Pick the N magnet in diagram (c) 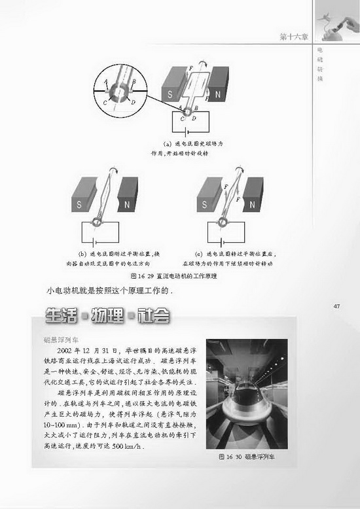click(252, 202)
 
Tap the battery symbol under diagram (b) click(102, 241)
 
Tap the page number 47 click(337, 306)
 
